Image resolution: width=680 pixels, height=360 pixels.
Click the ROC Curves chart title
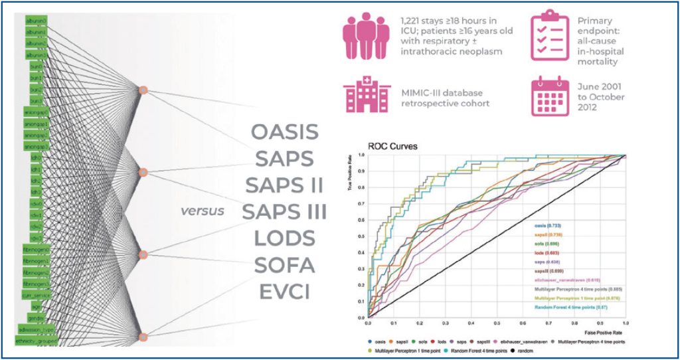(x=392, y=146)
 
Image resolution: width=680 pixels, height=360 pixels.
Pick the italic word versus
(x=202, y=212)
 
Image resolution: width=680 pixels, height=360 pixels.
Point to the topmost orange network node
(x=142, y=89)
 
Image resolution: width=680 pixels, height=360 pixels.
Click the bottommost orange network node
(x=142, y=338)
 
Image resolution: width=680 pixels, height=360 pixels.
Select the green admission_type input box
(x=39, y=329)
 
